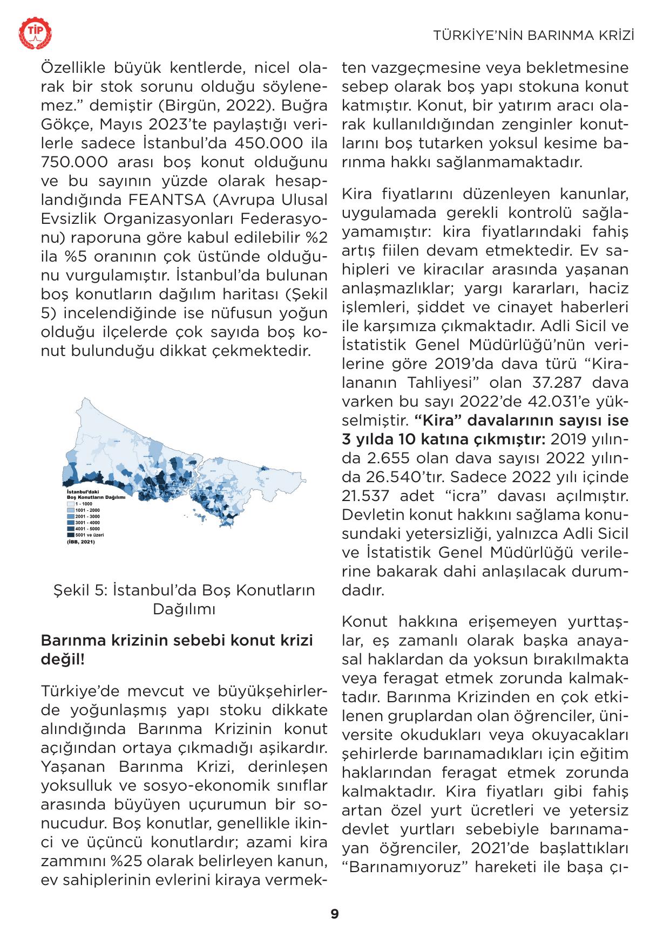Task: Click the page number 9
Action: click(335, 914)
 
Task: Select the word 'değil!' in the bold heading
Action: click(63, 659)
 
